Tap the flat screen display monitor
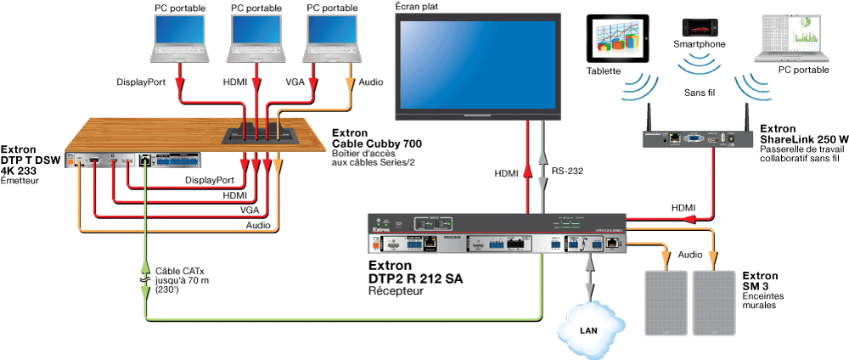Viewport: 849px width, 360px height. [480, 66]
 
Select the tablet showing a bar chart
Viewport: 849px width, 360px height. [616, 42]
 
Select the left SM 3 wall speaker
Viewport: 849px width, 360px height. [667, 301]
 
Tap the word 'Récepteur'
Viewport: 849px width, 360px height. [396, 291]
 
